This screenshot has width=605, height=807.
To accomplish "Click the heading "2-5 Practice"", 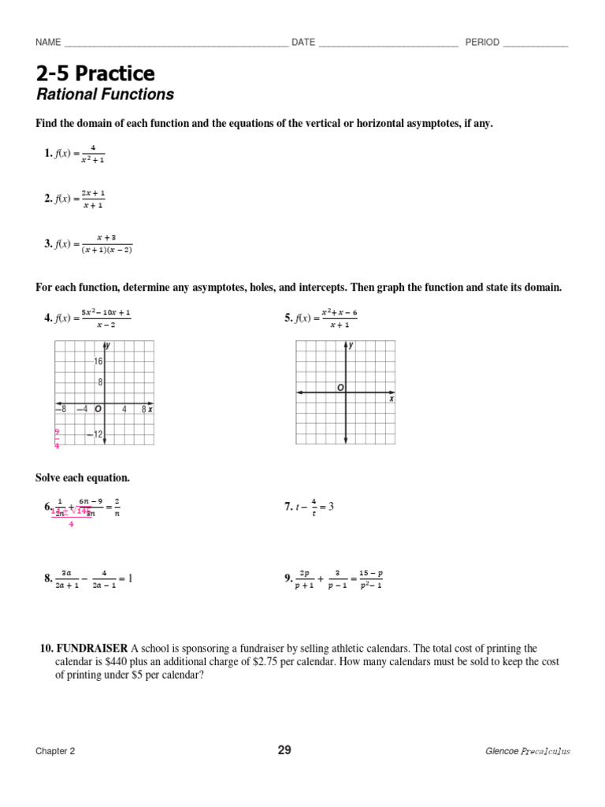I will point(95,74).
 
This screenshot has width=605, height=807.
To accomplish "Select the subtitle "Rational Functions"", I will point(105,95).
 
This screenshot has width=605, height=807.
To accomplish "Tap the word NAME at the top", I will point(48,43).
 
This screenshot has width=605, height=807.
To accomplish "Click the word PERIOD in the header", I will point(482,43).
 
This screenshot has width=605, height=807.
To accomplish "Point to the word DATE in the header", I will point(303,43).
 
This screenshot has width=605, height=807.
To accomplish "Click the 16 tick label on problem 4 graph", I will point(98,362).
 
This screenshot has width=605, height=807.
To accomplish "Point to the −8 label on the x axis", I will point(61,409).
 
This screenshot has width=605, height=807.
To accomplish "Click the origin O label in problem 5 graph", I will point(340,388).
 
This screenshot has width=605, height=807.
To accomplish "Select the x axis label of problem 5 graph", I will point(391,400).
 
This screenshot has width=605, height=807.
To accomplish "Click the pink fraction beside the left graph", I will point(57,438).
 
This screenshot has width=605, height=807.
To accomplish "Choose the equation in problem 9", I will point(338,579).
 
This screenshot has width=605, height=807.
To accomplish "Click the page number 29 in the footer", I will point(284,750).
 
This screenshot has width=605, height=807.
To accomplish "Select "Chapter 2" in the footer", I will point(55,751).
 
